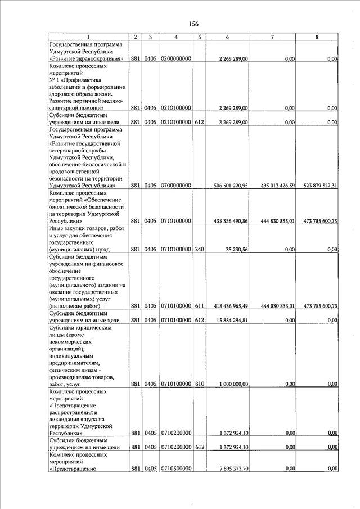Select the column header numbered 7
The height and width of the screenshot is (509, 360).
pos(272,37)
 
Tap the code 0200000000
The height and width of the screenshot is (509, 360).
pos(177,58)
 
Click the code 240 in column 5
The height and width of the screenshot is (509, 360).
pos(199,250)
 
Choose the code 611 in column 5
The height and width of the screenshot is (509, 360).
pos(199,306)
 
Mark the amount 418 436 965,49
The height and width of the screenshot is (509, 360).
pos(231,306)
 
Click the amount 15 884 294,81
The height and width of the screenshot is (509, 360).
pos(232,321)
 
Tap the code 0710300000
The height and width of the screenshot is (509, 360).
pos(177,469)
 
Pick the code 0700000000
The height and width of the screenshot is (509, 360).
pos(177,186)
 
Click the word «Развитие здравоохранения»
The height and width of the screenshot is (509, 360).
pos(87,58)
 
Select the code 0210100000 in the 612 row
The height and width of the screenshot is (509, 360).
pos(177,122)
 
